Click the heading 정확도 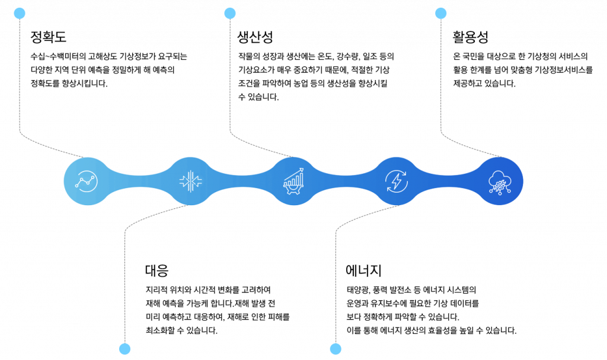[49, 37]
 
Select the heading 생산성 [255, 37]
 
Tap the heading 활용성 [470, 37]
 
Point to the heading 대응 [156, 270]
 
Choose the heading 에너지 [363, 270]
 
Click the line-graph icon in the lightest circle [87, 181]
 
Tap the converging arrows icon [190, 181]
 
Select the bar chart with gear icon [293, 181]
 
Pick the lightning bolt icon [397, 181]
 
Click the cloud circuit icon [499, 182]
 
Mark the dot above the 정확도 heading [20, 13]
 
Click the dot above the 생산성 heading [230, 13]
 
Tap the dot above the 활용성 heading [440, 13]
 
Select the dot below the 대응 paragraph [124, 349]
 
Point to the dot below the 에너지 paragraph [336, 349]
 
